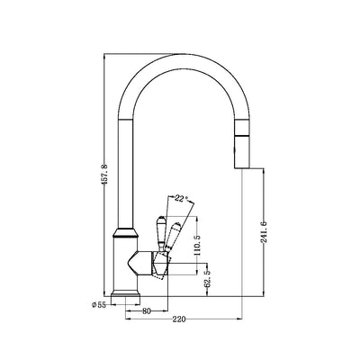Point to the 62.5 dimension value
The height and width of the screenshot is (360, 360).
pos(208,277)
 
